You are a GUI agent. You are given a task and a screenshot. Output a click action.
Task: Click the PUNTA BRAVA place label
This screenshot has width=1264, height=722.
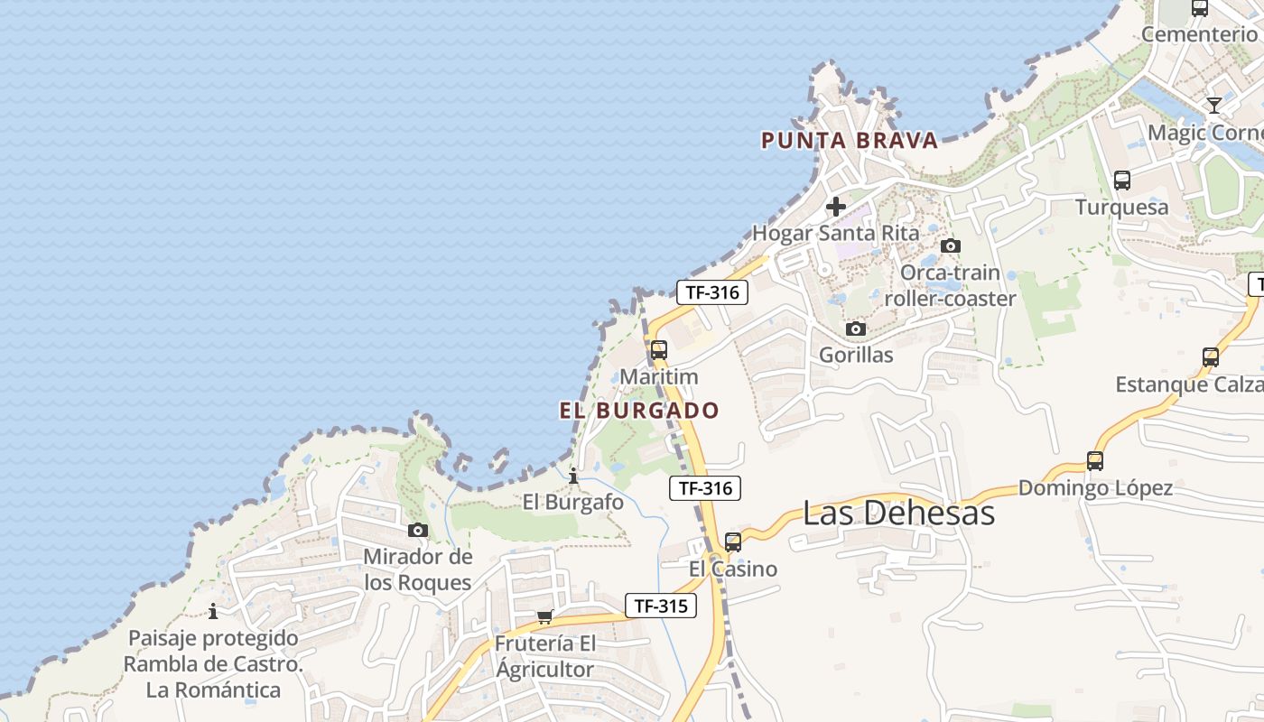(x=850, y=141)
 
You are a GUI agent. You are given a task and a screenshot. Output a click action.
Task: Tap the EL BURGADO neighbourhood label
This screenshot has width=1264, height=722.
(x=639, y=411)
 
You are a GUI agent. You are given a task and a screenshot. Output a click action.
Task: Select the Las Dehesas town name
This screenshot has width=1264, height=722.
(x=898, y=513)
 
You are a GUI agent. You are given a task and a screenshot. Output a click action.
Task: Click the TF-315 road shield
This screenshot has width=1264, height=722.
(x=661, y=606)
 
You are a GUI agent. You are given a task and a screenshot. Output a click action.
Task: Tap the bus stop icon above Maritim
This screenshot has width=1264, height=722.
(x=659, y=350)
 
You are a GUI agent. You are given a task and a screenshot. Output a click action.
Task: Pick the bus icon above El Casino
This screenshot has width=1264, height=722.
(x=733, y=542)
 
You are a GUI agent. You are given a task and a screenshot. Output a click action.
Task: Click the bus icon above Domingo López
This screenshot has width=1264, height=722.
(x=1095, y=461)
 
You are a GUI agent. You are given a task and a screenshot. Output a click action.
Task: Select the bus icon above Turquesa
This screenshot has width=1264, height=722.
(x=1122, y=180)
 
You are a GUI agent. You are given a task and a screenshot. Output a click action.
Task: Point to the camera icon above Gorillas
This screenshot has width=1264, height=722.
(x=856, y=329)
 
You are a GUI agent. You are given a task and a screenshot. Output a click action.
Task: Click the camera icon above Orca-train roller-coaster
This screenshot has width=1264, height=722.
(x=950, y=245)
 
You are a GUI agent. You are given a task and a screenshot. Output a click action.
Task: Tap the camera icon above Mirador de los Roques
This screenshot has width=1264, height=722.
(x=418, y=530)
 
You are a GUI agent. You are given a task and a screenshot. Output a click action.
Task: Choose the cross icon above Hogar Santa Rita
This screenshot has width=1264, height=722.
(x=836, y=207)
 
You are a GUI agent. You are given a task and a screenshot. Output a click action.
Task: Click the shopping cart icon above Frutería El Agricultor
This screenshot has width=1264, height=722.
(x=544, y=617)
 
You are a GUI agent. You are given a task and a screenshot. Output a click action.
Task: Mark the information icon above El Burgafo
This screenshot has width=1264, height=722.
(x=573, y=475)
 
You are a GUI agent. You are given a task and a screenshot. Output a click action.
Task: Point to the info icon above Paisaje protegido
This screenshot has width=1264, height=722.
(x=213, y=611)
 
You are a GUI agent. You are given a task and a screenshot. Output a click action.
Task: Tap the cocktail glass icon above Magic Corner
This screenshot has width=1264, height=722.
(x=1214, y=106)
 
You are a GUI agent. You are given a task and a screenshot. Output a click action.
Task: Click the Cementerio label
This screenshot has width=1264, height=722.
(x=1199, y=34)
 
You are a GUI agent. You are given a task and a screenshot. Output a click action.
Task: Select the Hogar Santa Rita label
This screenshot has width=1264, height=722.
(x=836, y=233)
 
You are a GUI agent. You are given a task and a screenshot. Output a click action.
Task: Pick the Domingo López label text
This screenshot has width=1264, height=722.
(x=1095, y=488)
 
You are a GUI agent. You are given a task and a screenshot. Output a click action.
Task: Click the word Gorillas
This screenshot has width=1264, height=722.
(x=856, y=355)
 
